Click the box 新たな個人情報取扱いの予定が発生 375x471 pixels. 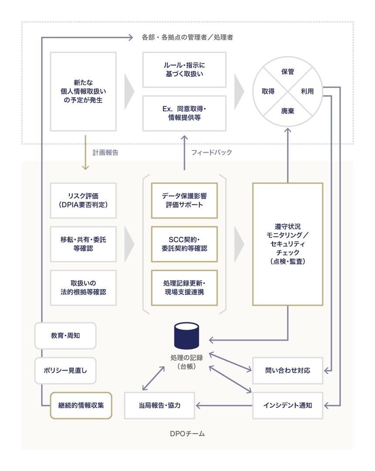(83, 91)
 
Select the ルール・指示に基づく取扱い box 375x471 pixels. (184, 70)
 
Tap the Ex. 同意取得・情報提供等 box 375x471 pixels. (184, 113)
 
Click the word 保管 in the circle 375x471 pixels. (287, 72)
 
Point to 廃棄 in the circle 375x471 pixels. (287, 111)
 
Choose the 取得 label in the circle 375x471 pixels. (268, 91)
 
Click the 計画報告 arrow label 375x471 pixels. (105, 153)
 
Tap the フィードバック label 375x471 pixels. (211, 153)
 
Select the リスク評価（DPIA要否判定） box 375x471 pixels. (83, 200)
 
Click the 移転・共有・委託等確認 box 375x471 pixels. (83, 244)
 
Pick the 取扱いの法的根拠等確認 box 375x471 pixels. (83, 287)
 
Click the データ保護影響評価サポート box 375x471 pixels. (184, 200)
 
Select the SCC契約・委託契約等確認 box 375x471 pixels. (184, 244)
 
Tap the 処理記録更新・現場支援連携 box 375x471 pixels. (184, 287)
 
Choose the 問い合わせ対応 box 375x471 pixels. (288, 370)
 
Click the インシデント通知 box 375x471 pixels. (288, 405)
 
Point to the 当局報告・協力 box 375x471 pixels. (159, 405)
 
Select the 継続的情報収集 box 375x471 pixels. (81, 405)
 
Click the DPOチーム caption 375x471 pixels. (187, 434)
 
